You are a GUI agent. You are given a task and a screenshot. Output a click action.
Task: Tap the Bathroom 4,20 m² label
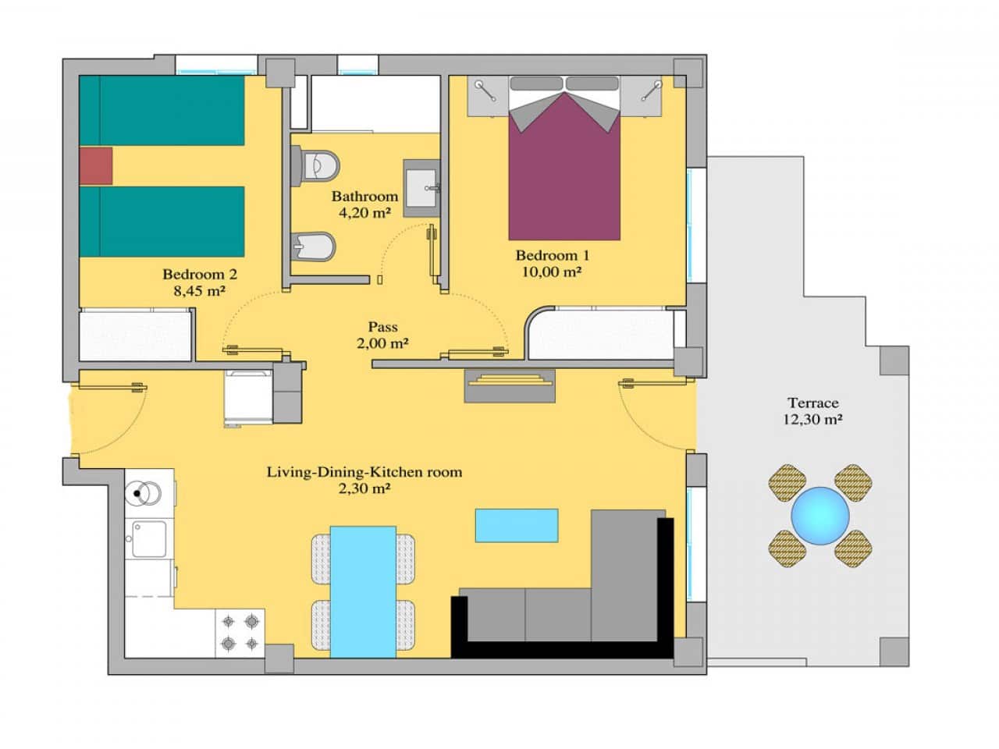[364, 204]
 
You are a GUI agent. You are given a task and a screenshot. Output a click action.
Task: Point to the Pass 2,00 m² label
[382, 335]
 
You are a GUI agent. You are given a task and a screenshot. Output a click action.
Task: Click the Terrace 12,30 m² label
[812, 410]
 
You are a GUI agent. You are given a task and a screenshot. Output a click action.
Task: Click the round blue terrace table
[819, 516]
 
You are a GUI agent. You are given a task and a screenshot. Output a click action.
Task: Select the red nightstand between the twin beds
[96, 165]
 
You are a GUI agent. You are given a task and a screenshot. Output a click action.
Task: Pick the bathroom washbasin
[422, 188]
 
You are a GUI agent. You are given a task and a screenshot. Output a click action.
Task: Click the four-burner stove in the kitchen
[240, 633]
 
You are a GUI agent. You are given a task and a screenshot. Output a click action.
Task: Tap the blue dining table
[363, 591]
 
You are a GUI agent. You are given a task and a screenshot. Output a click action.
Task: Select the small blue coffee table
[517, 525]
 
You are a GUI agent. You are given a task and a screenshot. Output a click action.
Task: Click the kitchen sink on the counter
[148, 538]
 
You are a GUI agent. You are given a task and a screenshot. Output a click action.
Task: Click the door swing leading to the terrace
[656, 414]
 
